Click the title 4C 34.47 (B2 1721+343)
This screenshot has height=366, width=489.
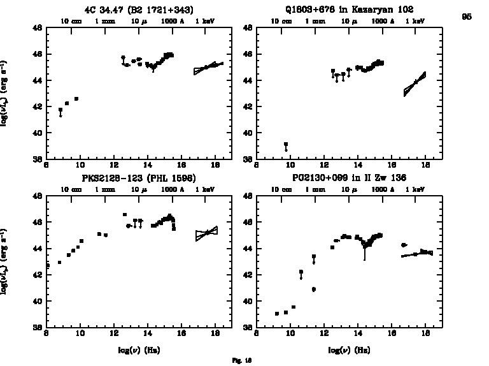point(139,10)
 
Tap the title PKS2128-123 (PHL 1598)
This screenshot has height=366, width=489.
point(138,178)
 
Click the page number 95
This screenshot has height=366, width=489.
point(467,17)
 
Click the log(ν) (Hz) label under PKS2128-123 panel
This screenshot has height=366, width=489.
point(138,350)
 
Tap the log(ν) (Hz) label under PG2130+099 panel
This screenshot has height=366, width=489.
point(349,350)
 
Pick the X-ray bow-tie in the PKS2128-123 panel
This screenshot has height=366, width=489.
point(206,234)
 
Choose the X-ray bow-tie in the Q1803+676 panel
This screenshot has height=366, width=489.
point(415,84)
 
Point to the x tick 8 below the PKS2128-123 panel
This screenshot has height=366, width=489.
point(46,333)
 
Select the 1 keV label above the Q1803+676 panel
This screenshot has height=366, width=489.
point(415,21)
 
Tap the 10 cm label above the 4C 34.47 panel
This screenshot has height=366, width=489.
point(71,21)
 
